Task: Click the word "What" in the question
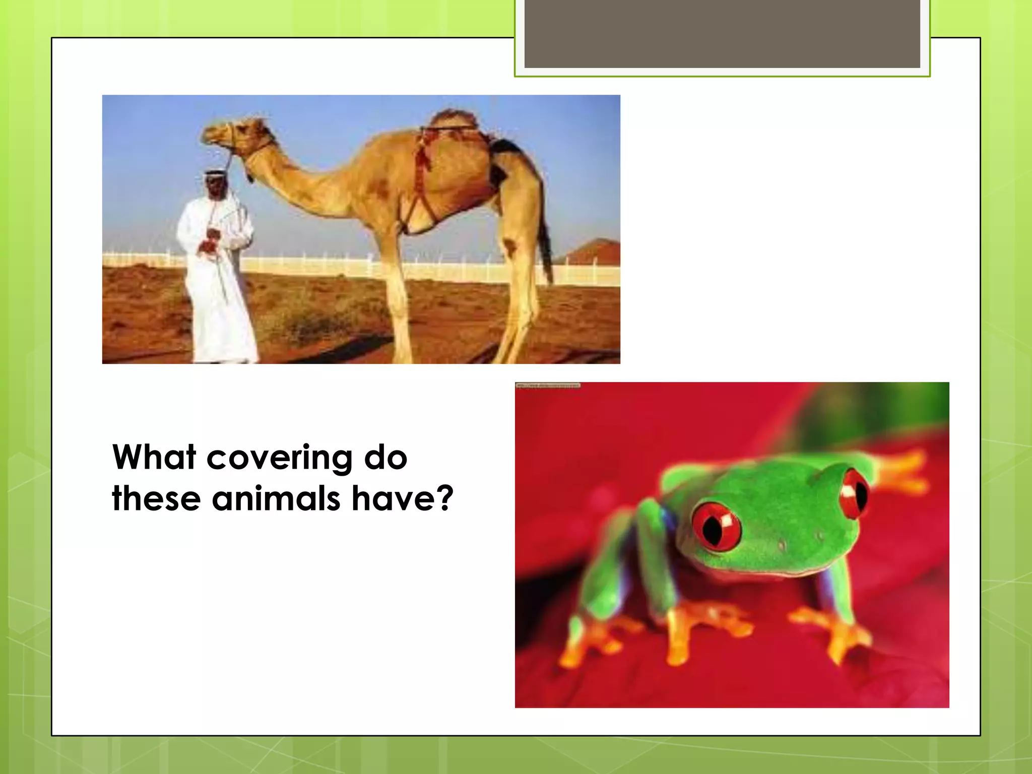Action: click(x=154, y=458)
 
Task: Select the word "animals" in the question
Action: click(x=276, y=498)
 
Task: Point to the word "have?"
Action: click(x=402, y=498)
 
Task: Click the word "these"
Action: click(x=156, y=498)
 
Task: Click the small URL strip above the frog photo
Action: click(x=548, y=385)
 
